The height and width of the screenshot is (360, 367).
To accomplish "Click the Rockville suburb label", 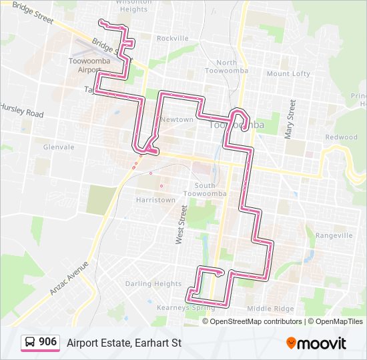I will tap(173, 39).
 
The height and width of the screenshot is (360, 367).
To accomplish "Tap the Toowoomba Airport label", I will tap(85, 65).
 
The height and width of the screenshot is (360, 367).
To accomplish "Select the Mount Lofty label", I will tap(288, 73).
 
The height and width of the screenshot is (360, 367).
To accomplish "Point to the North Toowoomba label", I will tap(226, 67).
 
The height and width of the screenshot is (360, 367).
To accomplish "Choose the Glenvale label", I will tap(58, 147).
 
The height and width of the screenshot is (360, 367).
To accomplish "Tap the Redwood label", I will tap(341, 137).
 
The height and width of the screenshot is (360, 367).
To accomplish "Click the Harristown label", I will tap(155, 199).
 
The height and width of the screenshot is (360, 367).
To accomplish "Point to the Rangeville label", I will tap(334, 235).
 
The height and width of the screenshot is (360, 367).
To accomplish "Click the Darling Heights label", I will tap(153, 283).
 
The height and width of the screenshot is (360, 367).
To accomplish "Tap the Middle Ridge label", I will tap(270, 309).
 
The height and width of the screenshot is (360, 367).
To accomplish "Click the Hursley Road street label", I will tap(21, 110).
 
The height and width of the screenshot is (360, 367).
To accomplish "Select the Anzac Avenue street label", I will tap(68, 277).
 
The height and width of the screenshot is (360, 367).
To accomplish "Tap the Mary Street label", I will tap(290, 119).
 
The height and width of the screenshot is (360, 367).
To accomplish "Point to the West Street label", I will tap(180, 225).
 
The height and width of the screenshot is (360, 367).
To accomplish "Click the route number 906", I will tap(47, 342).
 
